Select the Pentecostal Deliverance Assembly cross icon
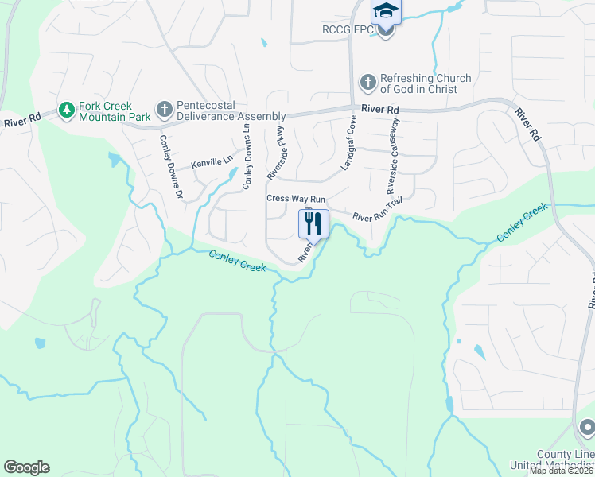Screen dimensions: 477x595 click(x=164, y=108)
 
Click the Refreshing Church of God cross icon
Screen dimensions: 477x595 click(x=367, y=82)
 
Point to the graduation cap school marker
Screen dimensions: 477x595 click(x=386, y=11)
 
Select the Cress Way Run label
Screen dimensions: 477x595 click(x=296, y=198)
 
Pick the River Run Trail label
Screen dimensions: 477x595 click(x=378, y=211)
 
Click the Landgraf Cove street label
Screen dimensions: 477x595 click(x=348, y=143)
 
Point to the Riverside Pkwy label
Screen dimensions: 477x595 click(x=275, y=151)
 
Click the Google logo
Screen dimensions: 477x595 click(x=26, y=467)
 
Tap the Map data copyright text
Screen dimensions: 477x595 click(x=561, y=471)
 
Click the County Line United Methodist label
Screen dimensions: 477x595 click(x=565, y=460)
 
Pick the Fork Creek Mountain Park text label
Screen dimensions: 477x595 click(x=116, y=111)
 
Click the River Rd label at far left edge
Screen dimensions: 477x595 click(x=21, y=122)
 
